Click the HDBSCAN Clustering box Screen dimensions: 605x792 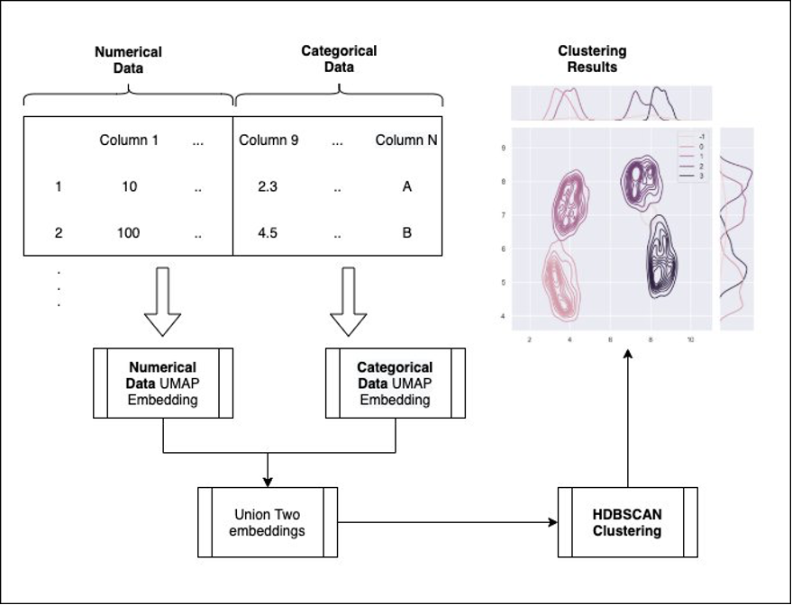627,522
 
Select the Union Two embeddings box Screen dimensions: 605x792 268,522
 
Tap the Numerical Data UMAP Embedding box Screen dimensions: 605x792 163,383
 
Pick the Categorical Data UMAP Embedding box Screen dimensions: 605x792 395,383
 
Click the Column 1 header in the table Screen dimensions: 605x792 129,140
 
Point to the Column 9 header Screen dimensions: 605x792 269,140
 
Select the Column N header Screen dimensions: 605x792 406,140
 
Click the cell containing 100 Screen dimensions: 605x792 128,232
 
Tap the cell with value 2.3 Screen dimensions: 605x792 268,187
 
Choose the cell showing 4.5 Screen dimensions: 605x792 268,232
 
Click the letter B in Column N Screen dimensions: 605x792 406,232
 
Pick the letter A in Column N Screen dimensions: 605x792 406,187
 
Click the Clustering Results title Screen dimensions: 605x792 592,59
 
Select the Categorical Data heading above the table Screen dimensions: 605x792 339,59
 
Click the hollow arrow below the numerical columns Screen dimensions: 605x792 163,302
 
